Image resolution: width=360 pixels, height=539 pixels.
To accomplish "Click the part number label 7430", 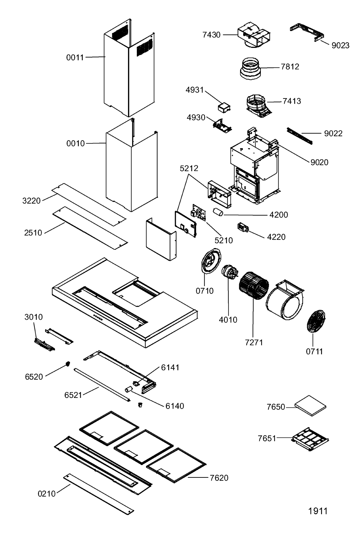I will pyautogui.click(x=211, y=35).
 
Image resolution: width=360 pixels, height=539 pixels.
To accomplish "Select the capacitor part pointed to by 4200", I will pyautogui.click(x=218, y=212).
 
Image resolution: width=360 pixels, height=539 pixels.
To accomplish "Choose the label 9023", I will pyautogui.click(x=340, y=45).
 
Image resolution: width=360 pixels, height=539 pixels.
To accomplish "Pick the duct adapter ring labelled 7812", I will pyautogui.click(x=251, y=69).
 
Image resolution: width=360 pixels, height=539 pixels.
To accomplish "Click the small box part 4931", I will pyautogui.click(x=224, y=106).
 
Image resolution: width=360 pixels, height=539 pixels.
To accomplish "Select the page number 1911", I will pyautogui.click(x=318, y=511).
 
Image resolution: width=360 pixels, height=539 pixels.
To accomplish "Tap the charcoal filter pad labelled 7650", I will pyautogui.click(x=311, y=406).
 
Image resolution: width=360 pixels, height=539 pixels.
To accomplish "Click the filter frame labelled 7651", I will pyautogui.click(x=310, y=438).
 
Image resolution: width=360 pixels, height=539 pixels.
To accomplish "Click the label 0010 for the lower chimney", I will pyautogui.click(x=76, y=143).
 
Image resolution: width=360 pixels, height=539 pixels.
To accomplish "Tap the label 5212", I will pyautogui.click(x=189, y=169).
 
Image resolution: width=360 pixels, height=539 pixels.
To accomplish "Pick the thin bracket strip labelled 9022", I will pyautogui.click(x=299, y=136).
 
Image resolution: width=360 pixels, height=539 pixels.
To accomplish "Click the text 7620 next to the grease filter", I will pyautogui.click(x=219, y=478).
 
